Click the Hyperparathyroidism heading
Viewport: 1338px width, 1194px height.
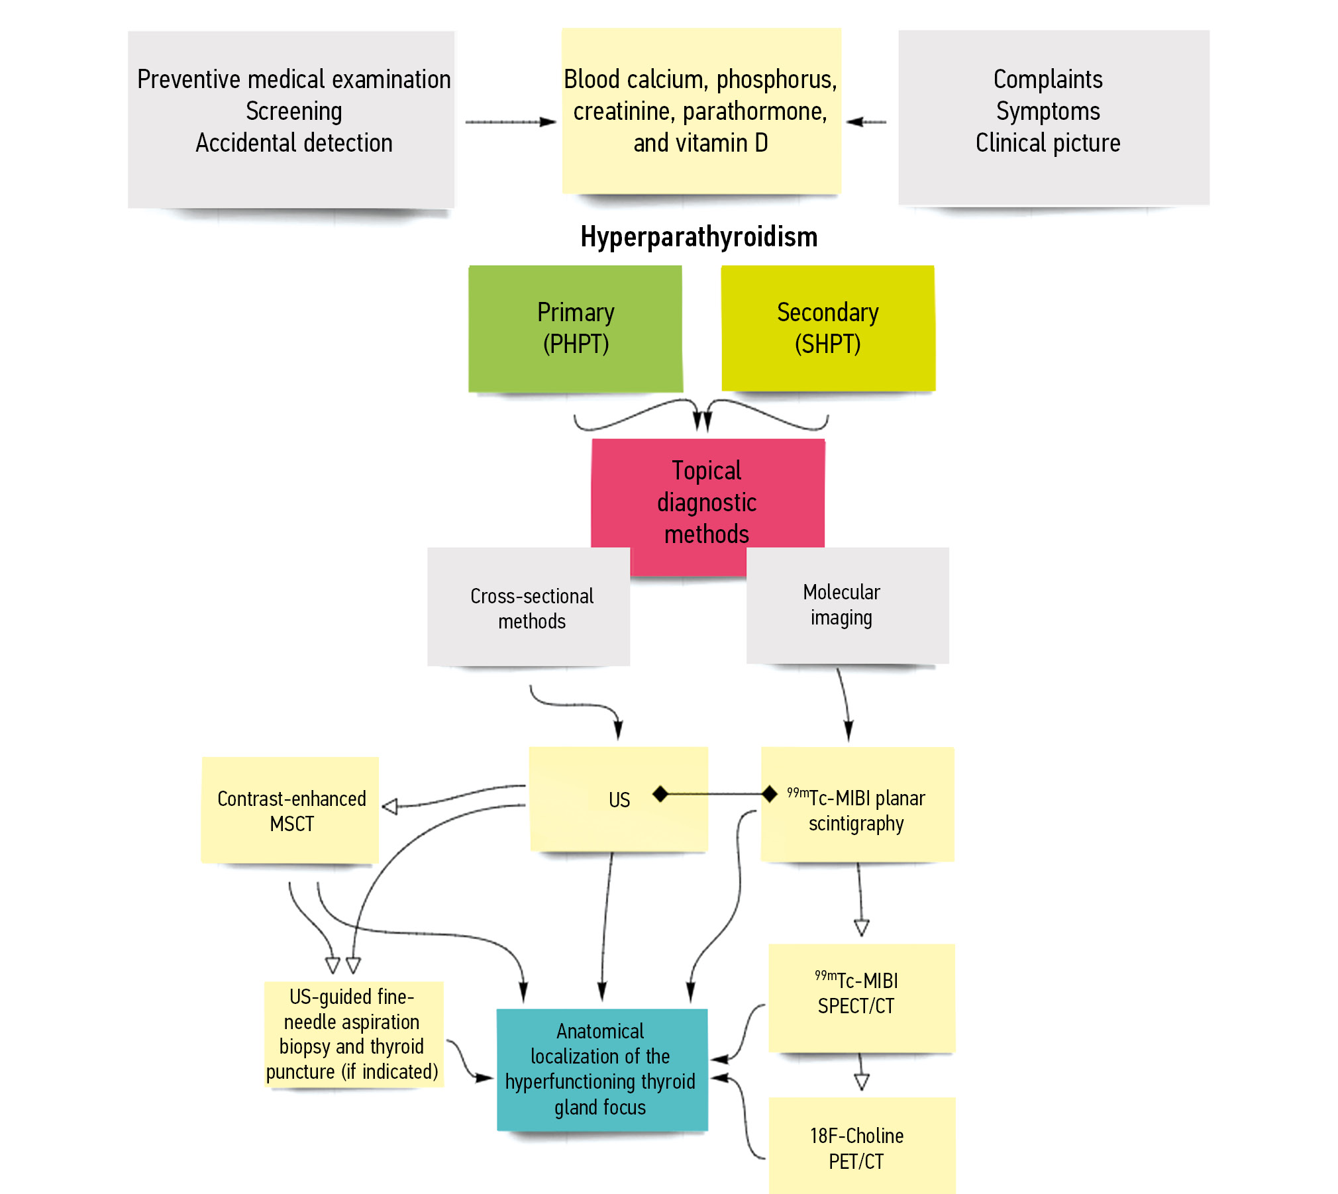[x=699, y=237]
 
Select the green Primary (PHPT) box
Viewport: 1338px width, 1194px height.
[x=575, y=328]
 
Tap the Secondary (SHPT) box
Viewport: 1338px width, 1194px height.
[x=828, y=328]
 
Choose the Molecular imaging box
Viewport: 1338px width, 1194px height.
[x=847, y=605]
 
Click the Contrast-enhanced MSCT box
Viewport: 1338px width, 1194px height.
[x=290, y=811]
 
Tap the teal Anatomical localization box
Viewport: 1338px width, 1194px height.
[x=601, y=1069]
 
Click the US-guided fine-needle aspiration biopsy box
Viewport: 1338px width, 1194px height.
[x=353, y=1034]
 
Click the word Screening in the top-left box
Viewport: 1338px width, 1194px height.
[x=294, y=111]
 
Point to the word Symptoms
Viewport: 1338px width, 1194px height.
[x=1048, y=111]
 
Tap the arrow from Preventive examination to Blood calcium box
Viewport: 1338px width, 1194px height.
[x=510, y=122]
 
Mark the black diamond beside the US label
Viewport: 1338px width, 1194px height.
[x=660, y=793]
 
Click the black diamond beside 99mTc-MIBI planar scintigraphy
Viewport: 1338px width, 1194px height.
[x=769, y=793]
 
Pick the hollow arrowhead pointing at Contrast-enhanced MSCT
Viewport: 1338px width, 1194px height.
[x=390, y=806]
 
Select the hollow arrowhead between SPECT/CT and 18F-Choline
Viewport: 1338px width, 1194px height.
[x=861, y=1082]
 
